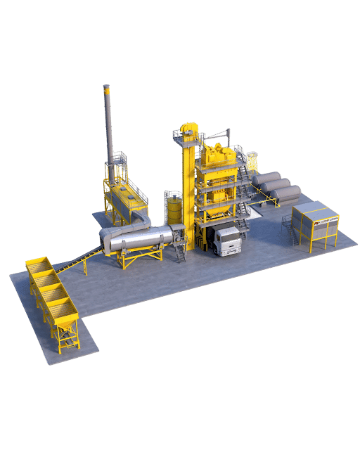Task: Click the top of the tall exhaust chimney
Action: coord(107,89)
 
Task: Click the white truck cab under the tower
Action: coord(226,240)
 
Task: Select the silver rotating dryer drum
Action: coord(138,241)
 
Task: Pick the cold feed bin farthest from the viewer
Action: coord(38,267)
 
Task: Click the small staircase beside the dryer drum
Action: coord(180,251)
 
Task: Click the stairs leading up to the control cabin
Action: coord(288,229)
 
